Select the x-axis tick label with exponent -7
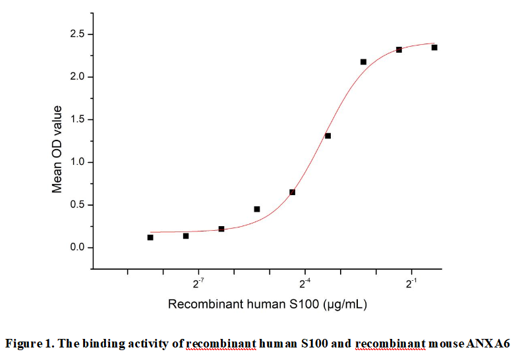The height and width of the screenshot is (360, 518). [198, 284]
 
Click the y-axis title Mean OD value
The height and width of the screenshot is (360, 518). [57, 149]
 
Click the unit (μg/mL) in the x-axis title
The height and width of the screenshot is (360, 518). [345, 305]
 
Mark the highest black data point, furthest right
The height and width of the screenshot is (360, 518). [434, 47]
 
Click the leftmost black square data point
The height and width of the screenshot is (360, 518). [150, 237]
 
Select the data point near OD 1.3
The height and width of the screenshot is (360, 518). [328, 136]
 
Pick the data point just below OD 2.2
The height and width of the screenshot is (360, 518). [363, 62]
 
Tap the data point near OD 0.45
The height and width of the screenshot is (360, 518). [257, 209]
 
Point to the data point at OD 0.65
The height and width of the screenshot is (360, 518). [292, 192]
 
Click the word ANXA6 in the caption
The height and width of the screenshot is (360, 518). [488, 343]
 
